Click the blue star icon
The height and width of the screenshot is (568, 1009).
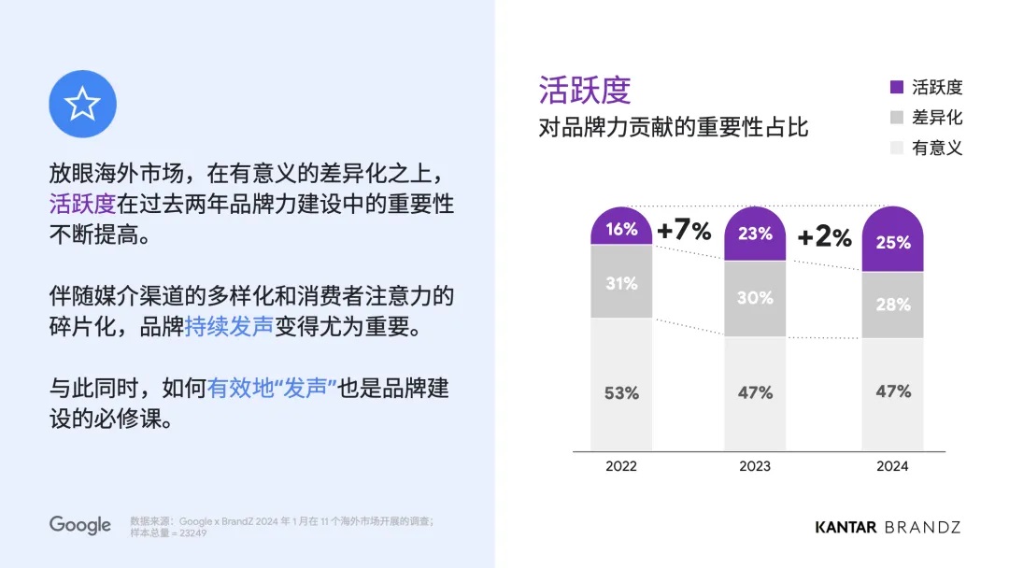pyautogui.click(x=82, y=105)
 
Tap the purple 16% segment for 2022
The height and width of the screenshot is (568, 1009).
pyautogui.click(x=621, y=228)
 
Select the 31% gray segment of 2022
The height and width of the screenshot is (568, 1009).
pyautogui.click(x=621, y=282)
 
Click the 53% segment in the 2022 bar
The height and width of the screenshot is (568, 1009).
pyautogui.click(x=621, y=392)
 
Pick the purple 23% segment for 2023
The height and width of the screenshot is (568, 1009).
pyautogui.click(x=755, y=234)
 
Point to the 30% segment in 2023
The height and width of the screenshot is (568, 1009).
pyautogui.click(x=755, y=298)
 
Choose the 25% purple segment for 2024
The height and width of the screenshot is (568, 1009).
pyautogui.click(x=892, y=241)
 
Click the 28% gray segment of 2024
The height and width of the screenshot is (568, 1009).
pyautogui.click(x=892, y=305)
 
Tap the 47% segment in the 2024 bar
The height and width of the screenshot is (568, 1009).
pyautogui.click(x=892, y=392)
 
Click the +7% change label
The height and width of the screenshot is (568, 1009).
pyautogui.click(x=684, y=230)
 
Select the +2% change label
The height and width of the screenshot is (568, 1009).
pyautogui.click(x=824, y=236)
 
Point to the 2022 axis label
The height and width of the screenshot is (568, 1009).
pyautogui.click(x=621, y=465)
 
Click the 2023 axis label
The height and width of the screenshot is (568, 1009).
pyautogui.click(x=755, y=465)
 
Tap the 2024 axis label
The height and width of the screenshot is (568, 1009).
pyautogui.click(x=892, y=465)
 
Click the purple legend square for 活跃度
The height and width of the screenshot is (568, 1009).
pyautogui.click(x=897, y=88)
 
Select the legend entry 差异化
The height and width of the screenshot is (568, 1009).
pyautogui.click(x=936, y=118)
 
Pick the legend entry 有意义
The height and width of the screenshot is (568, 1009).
pyautogui.click(x=936, y=148)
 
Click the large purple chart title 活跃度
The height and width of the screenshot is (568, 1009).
pyautogui.click(x=585, y=91)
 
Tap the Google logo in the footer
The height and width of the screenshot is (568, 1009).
pyautogui.click(x=80, y=525)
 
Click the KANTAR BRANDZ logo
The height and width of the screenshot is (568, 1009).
pyautogui.click(x=888, y=527)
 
